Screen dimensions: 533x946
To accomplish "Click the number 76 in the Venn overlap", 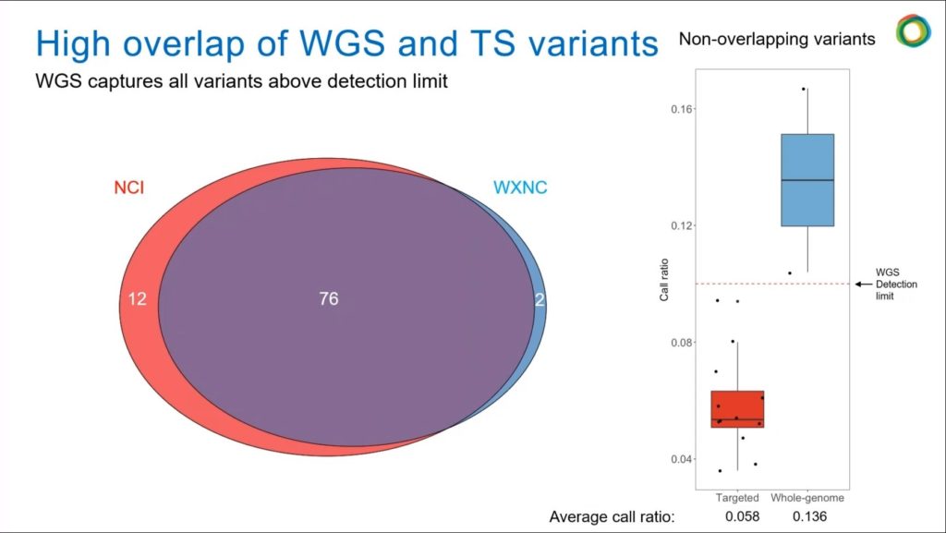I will pyautogui.click(x=328, y=298).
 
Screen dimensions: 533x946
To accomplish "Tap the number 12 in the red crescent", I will pyautogui.click(x=137, y=298).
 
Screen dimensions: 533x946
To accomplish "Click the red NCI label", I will pyautogui.click(x=128, y=188).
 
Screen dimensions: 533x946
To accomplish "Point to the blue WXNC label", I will pyautogui.click(x=519, y=188).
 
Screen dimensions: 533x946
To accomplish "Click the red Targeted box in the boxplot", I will pyautogui.click(x=737, y=408).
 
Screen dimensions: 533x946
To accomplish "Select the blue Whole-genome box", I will pyautogui.click(x=807, y=180).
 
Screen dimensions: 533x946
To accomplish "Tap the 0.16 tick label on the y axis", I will pyautogui.click(x=683, y=109).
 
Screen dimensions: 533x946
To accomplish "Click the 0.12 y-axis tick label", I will pyautogui.click(x=683, y=225).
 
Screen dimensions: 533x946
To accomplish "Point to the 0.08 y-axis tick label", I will pyautogui.click(x=683, y=343).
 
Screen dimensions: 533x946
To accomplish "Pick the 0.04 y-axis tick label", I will pyautogui.click(x=683, y=459).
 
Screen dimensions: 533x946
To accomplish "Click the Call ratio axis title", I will pyautogui.click(x=663, y=284).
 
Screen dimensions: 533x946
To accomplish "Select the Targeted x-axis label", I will pyautogui.click(x=737, y=497).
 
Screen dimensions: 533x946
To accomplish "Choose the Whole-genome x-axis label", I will pyautogui.click(x=807, y=497).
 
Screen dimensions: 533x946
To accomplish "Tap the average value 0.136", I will pyautogui.click(x=810, y=516).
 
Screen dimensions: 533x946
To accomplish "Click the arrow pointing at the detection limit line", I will pyautogui.click(x=864, y=285).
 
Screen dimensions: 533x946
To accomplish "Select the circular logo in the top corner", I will pyautogui.click(x=913, y=31).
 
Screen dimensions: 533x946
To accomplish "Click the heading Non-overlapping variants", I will pyautogui.click(x=776, y=39).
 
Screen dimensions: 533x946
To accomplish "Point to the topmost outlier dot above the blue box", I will pyautogui.click(x=804, y=89).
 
